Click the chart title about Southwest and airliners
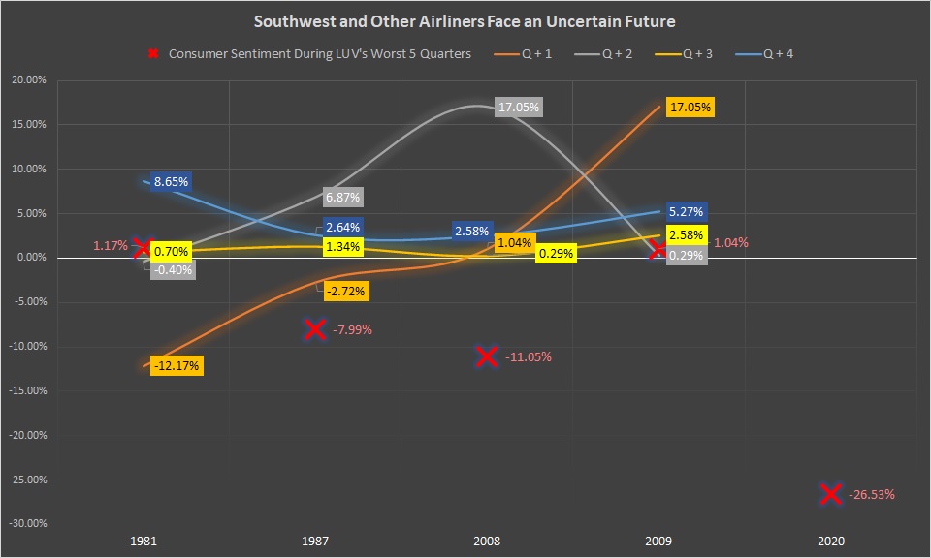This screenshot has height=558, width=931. (465, 20)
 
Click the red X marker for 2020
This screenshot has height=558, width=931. (830, 494)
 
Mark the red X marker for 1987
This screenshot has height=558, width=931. (314, 329)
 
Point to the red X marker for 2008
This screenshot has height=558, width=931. (487, 356)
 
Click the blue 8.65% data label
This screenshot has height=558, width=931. (172, 181)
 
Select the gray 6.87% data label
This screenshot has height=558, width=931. (343, 197)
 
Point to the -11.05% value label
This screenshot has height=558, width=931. (529, 357)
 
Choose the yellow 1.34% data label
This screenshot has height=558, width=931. (343, 246)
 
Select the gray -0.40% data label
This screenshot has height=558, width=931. (174, 269)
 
